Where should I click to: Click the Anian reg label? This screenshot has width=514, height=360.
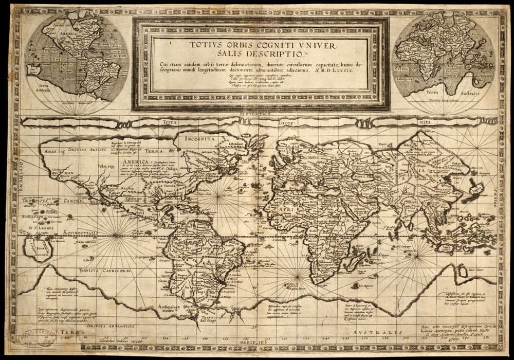(x=56, y=152)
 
